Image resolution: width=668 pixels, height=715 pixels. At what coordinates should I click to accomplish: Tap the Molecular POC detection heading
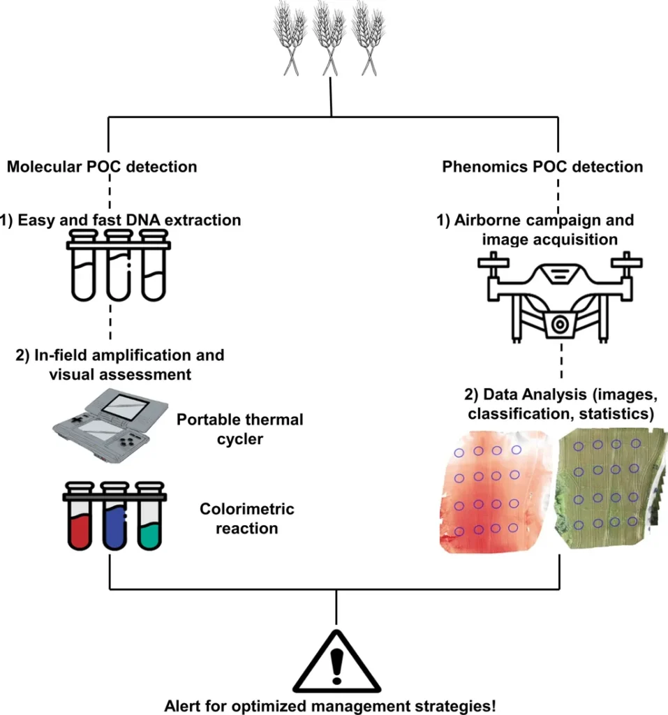pos(102,167)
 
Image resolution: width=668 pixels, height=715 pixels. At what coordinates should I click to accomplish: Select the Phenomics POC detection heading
pos(542,167)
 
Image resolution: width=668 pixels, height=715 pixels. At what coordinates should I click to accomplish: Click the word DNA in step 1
pos(140,220)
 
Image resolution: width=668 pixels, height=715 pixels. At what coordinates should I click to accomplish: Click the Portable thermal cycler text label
pos(239,429)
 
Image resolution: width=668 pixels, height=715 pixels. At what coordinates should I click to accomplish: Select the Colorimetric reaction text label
pos(247,518)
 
